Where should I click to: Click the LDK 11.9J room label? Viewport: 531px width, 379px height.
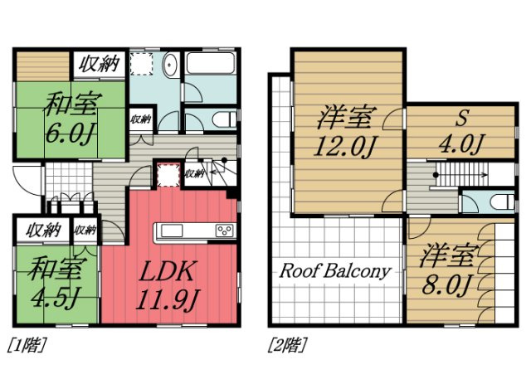pos(168,284)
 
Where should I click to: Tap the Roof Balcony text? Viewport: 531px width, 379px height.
pos(335,271)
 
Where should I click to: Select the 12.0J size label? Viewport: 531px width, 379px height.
pos(345,147)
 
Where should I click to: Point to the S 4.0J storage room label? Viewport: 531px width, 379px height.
pos(461,131)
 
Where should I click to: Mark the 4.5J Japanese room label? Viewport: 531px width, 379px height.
pos(55,282)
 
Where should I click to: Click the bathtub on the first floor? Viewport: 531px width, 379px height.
pos(211,63)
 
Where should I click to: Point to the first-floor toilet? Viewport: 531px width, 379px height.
pos(225,119)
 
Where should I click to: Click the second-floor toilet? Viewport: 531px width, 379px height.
pos(503,202)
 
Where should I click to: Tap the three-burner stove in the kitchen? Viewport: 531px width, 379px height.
pos(225,231)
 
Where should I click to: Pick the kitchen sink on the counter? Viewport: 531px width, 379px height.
pos(172,231)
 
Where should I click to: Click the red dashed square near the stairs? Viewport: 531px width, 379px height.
pos(168,175)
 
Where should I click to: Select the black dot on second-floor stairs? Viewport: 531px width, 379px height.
pos(436,175)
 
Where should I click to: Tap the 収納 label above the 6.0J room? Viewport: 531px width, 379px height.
pos(100,64)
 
